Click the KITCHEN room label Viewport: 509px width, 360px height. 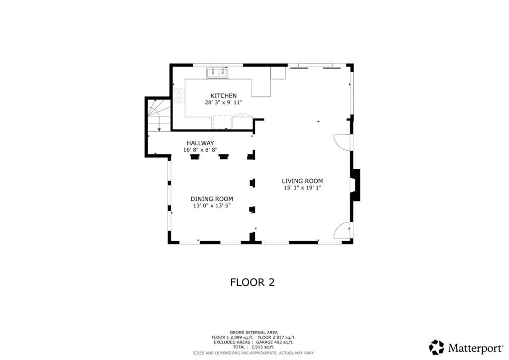coord(223,96)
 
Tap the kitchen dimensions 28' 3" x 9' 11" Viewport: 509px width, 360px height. coord(223,102)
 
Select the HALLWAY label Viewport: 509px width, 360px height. coord(200,143)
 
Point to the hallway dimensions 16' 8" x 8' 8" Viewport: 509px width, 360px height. coord(200,150)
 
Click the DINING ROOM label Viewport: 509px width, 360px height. coord(212,199)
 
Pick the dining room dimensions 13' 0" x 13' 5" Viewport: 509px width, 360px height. coord(212,206)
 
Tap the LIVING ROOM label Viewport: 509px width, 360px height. coord(302,181)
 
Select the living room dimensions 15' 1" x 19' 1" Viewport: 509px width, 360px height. coord(302,188)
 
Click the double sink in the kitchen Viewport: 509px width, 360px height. coord(217,73)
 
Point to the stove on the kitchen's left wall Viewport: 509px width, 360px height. coord(179,96)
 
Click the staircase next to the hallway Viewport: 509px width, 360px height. coord(159,115)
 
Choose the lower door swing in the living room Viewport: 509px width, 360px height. coord(342,230)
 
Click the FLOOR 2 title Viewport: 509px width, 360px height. coord(252,282)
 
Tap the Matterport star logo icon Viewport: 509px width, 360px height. coord(436,348)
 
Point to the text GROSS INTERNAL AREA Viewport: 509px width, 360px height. coord(254,333)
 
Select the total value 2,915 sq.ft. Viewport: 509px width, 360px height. coord(262,347)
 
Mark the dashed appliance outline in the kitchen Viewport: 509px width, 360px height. coord(222,122)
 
